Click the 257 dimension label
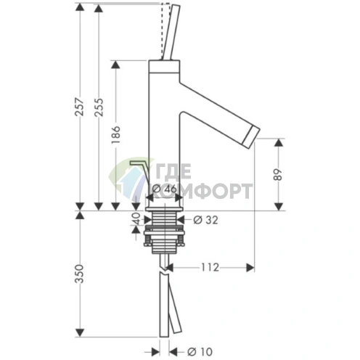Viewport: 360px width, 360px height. pos(80,107)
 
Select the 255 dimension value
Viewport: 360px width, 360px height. pos(99,107)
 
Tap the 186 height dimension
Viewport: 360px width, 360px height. pos(116,134)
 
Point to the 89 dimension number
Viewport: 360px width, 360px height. pos(278,174)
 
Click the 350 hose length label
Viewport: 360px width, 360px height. pos(79,274)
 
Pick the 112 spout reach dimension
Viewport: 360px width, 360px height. pos(210,267)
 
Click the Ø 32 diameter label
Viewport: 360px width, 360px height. pos(205,220)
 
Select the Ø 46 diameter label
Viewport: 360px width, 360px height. pos(165,189)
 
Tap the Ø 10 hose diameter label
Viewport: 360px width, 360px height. pos(200,352)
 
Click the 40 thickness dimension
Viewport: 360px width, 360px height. pos(136,218)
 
